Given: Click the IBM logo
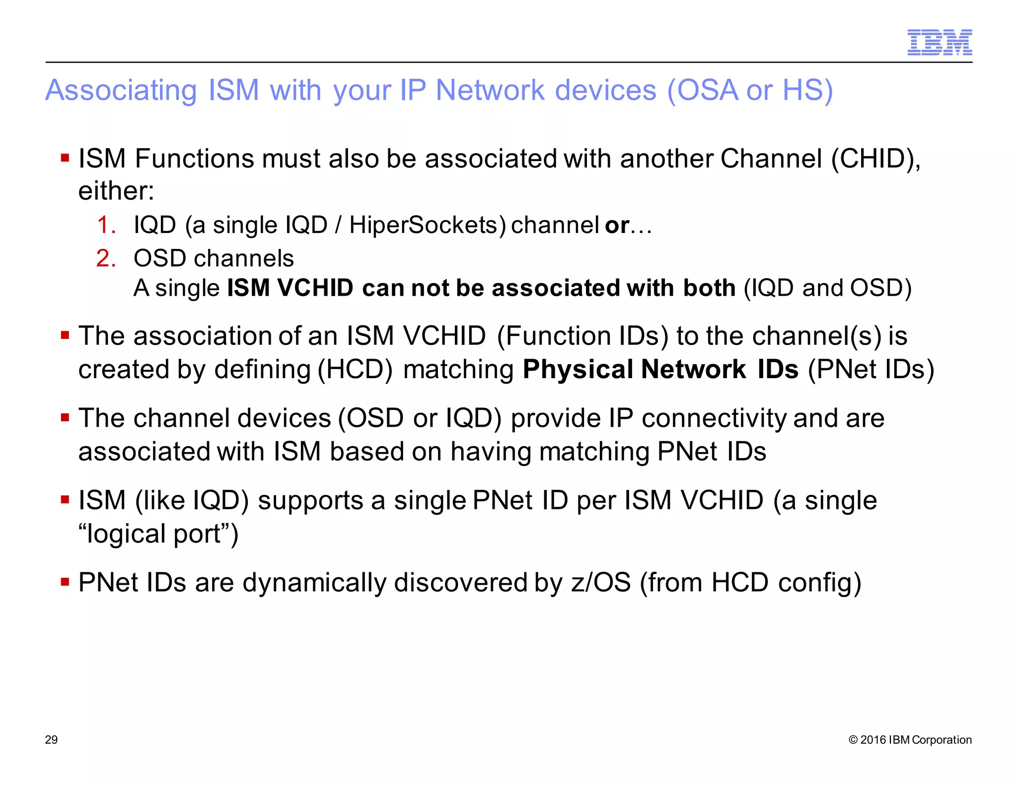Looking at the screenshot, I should click(939, 42).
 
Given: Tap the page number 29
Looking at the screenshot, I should click(51, 740).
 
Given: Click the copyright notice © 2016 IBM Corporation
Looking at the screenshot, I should click(910, 740).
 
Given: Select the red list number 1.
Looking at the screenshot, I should click(106, 225).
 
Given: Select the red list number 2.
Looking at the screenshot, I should click(106, 258).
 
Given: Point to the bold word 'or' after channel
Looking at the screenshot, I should click(617, 226).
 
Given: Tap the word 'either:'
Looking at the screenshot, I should click(116, 191).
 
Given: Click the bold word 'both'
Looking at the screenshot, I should click(709, 288).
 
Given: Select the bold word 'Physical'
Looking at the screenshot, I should click(577, 369).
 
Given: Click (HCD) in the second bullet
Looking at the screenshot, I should click(355, 369).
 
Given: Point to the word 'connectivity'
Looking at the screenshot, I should click(714, 418).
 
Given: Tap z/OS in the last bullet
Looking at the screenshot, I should click(601, 583).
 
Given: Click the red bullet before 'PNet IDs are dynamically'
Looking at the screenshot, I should click(65, 581).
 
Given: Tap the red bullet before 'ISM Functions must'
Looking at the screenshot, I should click(65, 158).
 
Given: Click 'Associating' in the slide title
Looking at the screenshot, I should click(121, 90).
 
